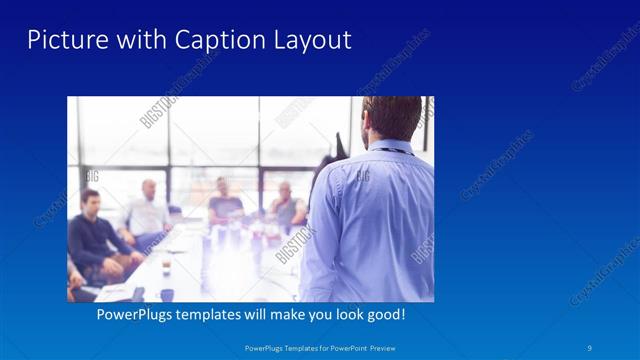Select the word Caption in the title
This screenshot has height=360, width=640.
click(210, 40)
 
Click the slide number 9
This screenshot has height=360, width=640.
click(590, 347)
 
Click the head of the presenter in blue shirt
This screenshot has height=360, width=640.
click(392, 118)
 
